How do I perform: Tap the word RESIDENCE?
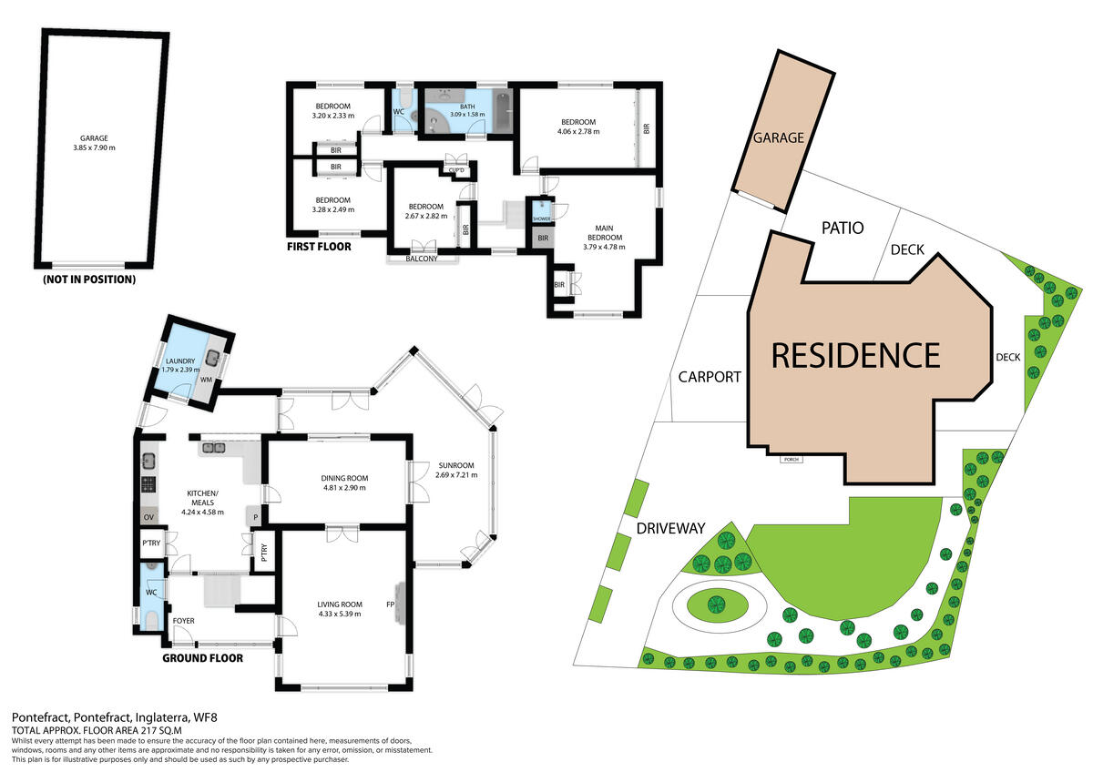tap(854, 355)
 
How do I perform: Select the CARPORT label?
tap(710, 377)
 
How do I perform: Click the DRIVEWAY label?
tap(671, 527)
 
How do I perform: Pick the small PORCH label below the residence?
tap(790, 459)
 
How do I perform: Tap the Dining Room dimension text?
tap(343, 488)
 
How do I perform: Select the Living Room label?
tap(340, 609)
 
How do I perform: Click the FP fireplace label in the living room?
tap(390, 604)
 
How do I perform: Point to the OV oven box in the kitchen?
tap(148, 517)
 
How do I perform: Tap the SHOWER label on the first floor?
tap(541, 219)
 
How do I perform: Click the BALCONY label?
tap(423, 259)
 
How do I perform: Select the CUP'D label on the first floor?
tap(455, 170)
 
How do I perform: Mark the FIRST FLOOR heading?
tap(319, 247)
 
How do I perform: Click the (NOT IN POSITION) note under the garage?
tap(89, 279)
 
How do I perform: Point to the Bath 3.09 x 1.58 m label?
tap(467, 111)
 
